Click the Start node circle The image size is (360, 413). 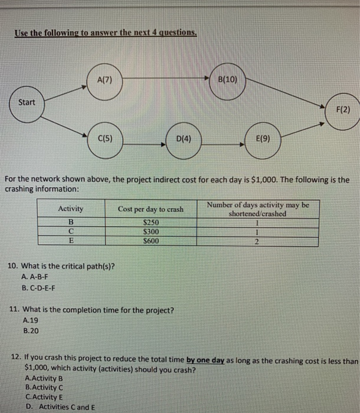coord(27,103)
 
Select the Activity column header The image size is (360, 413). coord(71,209)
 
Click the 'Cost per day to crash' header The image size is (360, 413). coord(150,209)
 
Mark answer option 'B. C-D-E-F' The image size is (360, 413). coord(41,288)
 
